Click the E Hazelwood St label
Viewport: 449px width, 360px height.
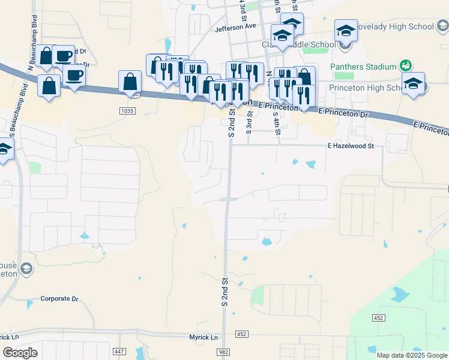point(351,146)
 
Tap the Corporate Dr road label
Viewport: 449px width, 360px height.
point(59,298)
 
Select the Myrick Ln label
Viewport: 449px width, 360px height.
point(203,337)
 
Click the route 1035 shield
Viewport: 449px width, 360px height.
point(127,111)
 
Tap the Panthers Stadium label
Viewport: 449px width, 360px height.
point(363,66)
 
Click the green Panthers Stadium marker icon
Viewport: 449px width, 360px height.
point(406,65)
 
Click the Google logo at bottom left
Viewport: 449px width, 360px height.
point(20,353)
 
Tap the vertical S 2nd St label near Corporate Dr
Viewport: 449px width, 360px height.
point(225,292)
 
